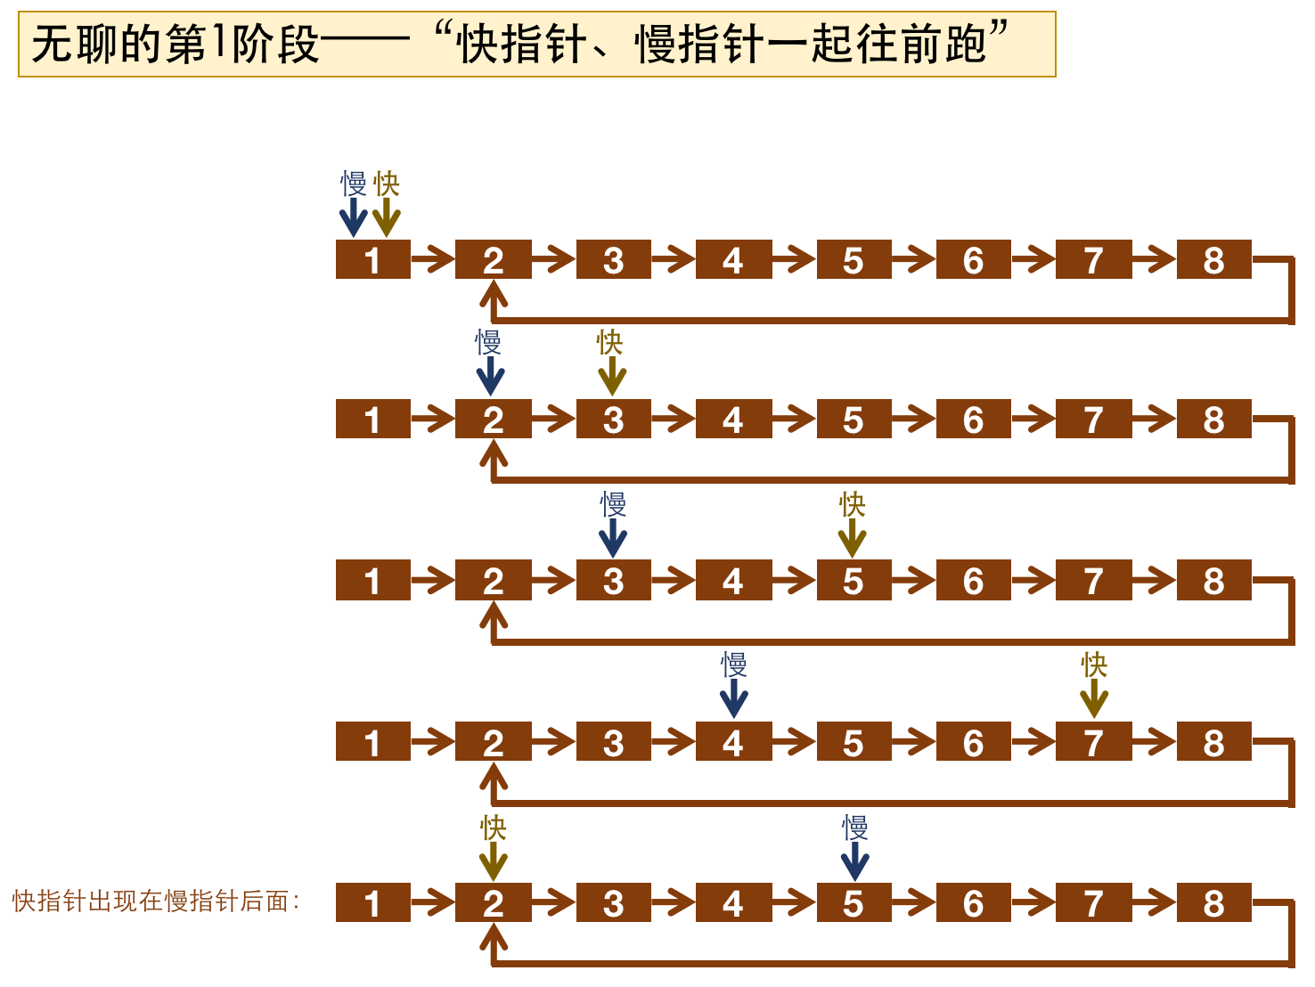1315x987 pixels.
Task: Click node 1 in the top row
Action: [x=372, y=260]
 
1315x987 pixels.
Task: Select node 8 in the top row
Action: [x=1213, y=260]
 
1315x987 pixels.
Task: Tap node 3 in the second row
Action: [x=613, y=420]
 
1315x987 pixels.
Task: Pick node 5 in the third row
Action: [x=854, y=581]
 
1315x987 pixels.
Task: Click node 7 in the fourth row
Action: [x=1093, y=742]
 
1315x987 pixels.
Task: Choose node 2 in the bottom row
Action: [x=493, y=903]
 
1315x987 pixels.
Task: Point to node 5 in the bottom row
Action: [x=854, y=903]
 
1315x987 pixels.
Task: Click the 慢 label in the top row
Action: [x=354, y=184]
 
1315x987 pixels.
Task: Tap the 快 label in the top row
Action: [x=387, y=184]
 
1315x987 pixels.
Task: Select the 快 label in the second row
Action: [x=610, y=342]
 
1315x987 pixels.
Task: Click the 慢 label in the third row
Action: [x=613, y=504]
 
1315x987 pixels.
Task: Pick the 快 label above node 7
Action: [x=1094, y=665]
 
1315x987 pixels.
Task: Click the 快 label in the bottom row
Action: [x=493, y=828]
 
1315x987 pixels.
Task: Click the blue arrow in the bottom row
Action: [x=854, y=861]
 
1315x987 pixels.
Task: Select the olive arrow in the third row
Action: [x=853, y=537]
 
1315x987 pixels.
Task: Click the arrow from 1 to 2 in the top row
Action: [x=433, y=260]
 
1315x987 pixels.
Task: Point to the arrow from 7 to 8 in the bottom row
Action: [x=1155, y=903]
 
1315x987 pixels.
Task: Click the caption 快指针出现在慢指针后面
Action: [x=151, y=901]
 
